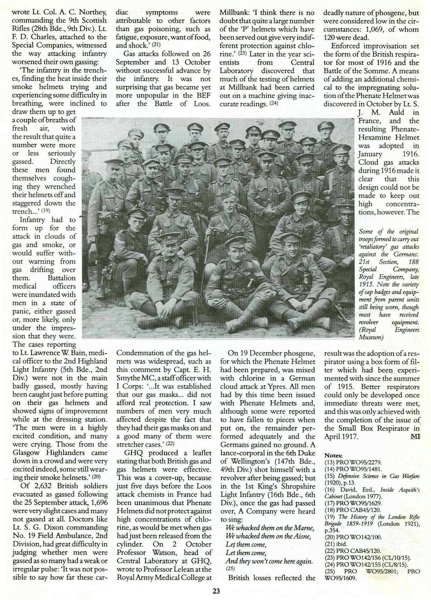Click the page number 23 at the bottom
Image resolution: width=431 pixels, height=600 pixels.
coord(216,589)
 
